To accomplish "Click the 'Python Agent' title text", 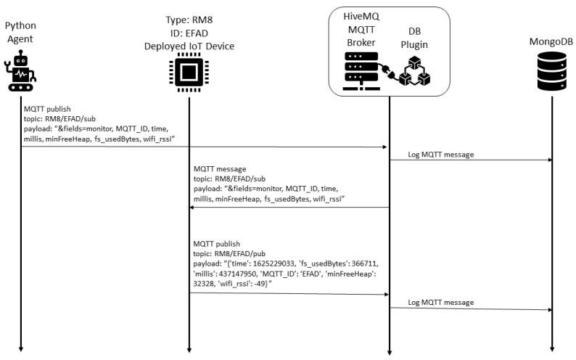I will [20, 31].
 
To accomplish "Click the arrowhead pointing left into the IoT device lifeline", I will [194, 208].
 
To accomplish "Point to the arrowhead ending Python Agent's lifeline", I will [20, 348].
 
